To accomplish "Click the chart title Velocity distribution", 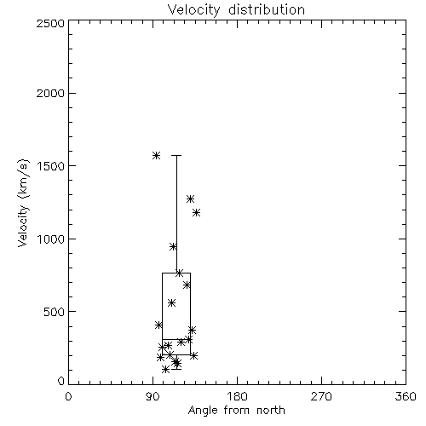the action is (236, 9).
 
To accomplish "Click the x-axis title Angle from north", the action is (236, 411).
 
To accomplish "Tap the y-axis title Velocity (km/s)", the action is (23, 203).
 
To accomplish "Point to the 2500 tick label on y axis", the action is (50, 23).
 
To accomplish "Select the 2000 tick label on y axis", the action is (50, 93).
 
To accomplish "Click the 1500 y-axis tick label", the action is (51, 166).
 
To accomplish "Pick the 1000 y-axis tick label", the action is (51, 239).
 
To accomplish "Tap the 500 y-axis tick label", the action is (55, 312).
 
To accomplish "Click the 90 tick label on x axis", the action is (153, 396).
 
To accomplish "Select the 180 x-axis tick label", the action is (237, 396).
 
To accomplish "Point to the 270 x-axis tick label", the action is (321, 396).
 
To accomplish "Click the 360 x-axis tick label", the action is (406, 396).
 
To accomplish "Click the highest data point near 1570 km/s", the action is (156, 155).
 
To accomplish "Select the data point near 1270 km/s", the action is (190, 199).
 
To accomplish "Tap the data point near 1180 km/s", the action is (196, 212).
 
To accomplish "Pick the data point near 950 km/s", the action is (173, 246).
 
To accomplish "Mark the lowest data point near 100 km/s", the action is (165, 369).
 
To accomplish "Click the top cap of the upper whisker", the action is (176, 155).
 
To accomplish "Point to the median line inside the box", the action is (176, 339).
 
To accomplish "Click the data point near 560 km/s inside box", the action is (171, 302).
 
